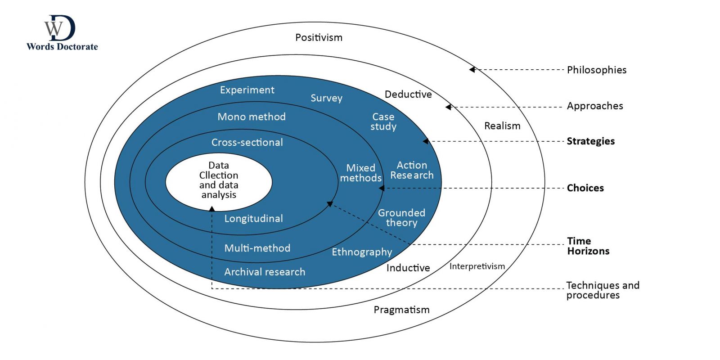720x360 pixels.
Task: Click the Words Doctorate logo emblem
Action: [59, 28]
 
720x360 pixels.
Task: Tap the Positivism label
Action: [319, 37]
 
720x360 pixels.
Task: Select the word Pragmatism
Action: [401, 310]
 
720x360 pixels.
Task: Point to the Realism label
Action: [502, 126]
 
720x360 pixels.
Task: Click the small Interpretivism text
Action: [477, 266]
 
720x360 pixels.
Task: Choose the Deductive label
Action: [408, 94]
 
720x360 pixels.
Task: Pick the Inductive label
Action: [408, 268]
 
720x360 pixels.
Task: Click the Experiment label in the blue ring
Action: [247, 90]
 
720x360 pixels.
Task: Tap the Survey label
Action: [326, 98]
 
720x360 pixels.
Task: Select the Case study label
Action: [383, 121]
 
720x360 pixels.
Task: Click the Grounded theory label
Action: [401, 217]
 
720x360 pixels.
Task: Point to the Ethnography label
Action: [362, 252]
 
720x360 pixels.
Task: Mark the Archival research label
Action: [265, 272]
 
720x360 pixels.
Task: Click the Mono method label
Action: [252, 117]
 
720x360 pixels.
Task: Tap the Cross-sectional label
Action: [247, 143]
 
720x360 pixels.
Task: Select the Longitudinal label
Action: [253, 219]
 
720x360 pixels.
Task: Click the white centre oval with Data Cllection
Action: [219, 180]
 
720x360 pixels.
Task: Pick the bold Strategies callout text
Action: [590, 141]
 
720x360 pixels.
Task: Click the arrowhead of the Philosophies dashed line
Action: [472, 70]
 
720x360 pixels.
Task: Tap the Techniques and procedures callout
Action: [602, 290]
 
